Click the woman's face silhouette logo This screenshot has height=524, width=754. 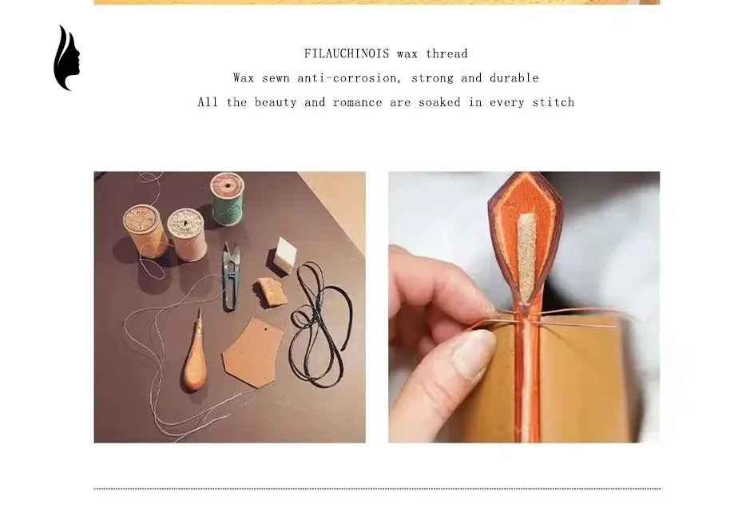65,58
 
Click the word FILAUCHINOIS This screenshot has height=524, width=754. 346,54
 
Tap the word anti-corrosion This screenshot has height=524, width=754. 348,77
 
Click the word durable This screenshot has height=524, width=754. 514,77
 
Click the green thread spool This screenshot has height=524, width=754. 228,199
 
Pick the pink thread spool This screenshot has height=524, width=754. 187,234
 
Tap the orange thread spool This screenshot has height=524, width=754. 145,231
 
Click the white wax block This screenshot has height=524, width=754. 285,256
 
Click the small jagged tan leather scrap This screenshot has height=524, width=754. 270,291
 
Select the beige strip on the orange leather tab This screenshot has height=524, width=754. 526,256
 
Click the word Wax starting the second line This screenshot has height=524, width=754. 244,77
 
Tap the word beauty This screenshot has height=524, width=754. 276,102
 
